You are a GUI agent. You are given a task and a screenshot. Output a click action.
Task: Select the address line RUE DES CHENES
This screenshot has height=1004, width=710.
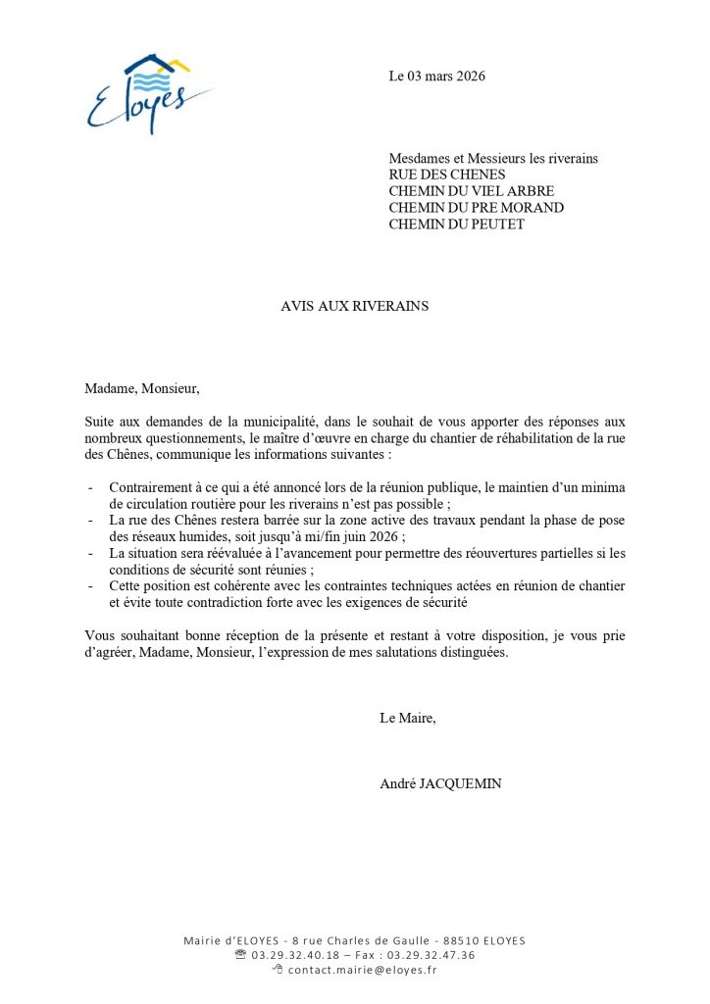(447, 175)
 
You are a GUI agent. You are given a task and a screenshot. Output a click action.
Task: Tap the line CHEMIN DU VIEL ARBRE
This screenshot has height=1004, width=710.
(471, 191)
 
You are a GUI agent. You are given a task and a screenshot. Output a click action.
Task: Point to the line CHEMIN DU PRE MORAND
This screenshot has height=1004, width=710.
(476, 208)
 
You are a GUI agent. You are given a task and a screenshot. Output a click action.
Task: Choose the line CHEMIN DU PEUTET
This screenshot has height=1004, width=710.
(456, 225)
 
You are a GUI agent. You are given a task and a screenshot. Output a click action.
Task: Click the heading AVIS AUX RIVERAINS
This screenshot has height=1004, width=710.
(355, 306)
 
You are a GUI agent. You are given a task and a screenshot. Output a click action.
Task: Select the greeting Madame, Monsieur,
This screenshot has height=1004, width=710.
(141, 388)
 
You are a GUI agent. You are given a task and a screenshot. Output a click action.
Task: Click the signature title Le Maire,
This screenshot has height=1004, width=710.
(407, 718)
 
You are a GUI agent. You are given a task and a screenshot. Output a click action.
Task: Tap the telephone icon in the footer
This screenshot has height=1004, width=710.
(240, 955)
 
